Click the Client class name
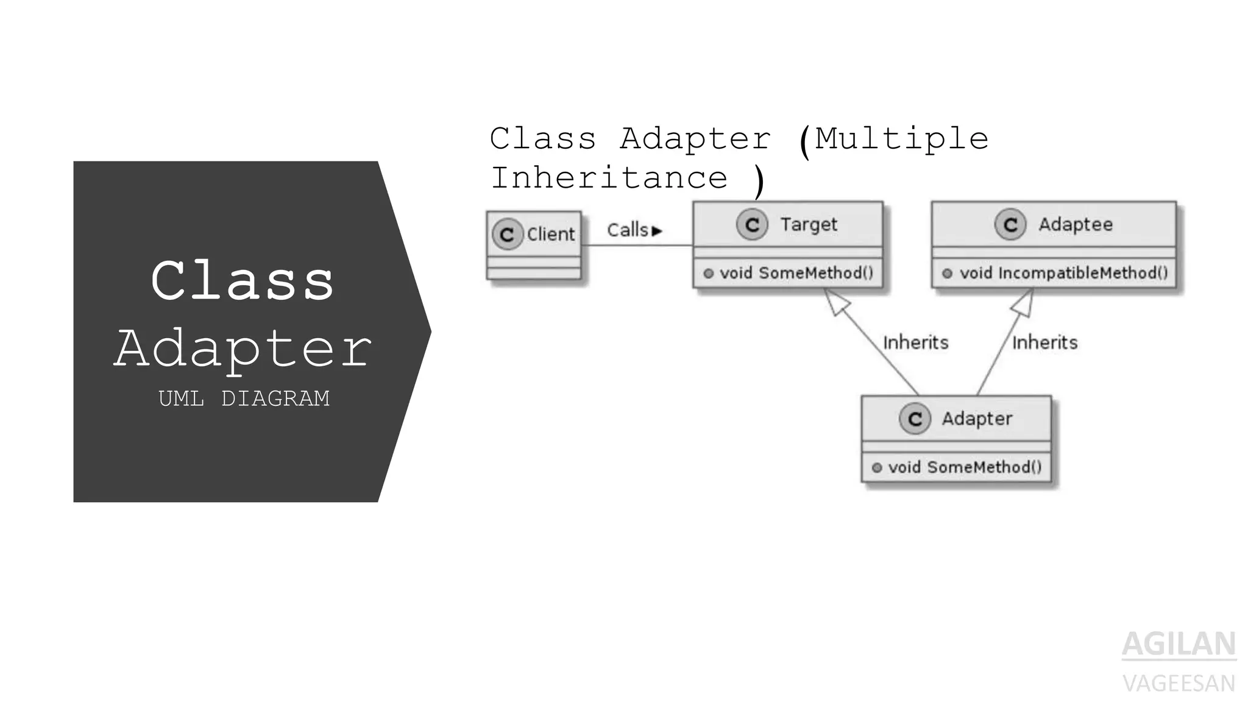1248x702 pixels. tap(550, 234)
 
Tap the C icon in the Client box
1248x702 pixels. tap(507, 235)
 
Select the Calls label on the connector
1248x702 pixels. tap(628, 230)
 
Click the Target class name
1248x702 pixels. tap(809, 224)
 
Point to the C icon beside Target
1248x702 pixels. tap(752, 225)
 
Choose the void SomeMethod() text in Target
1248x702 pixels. tap(796, 273)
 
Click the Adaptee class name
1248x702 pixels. tap(1076, 224)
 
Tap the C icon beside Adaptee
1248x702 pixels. tap(1010, 225)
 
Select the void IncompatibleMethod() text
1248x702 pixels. tap(1063, 273)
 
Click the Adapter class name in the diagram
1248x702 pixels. tap(977, 419)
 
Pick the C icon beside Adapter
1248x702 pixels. tap(915, 419)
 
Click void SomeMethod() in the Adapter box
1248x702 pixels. tap(965, 467)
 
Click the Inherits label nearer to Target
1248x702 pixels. tap(915, 342)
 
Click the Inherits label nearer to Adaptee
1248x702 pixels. tap(1044, 342)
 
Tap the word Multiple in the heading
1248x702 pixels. tap(901, 138)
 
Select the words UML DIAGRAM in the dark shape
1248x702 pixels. tap(244, 399)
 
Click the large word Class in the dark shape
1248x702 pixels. tap(243, 281)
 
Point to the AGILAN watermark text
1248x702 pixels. tap(1179, 644)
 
